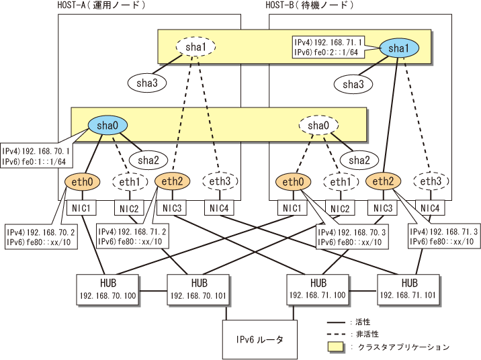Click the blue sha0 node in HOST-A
(x=107, y=125)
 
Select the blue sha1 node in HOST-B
(x=399, y=48)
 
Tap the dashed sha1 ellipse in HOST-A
(x=195, y=47)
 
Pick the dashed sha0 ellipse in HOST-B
(x=318, y=126)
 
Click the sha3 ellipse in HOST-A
(x=147, y=83)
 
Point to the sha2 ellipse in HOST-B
(x=359, y=160)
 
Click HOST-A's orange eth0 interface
(x=82, y=182)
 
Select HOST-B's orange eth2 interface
(x=383, y=181)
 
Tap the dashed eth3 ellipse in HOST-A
(x=220, y=181)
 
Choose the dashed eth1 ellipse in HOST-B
(x=341, y=182)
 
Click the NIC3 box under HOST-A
(x=172, y=208)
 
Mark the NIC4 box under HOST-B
(x=430, y=208)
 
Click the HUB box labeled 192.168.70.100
(x=108, y=289)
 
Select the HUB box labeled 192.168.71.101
(x=408, y=289)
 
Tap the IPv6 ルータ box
(x=260, y=339)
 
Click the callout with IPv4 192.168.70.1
(x=36, y=156)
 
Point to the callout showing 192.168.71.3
(x=444, y=236)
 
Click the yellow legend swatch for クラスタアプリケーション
(x=336, y=347)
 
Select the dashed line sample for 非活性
(x=336, y=334)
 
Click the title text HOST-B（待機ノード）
(x=310, y=5)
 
